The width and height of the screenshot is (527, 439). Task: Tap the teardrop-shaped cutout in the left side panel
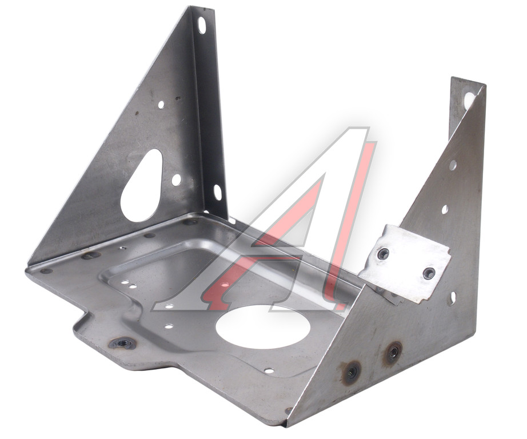(142, 186)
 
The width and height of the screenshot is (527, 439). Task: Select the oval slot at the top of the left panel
(202, 25)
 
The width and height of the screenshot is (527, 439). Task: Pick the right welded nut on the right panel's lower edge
(393, 353)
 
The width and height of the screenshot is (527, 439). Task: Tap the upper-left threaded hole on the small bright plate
(383, 254)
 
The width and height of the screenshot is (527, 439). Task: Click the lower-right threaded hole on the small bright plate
(429, 273)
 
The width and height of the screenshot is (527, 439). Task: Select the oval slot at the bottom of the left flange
(217, 192)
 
